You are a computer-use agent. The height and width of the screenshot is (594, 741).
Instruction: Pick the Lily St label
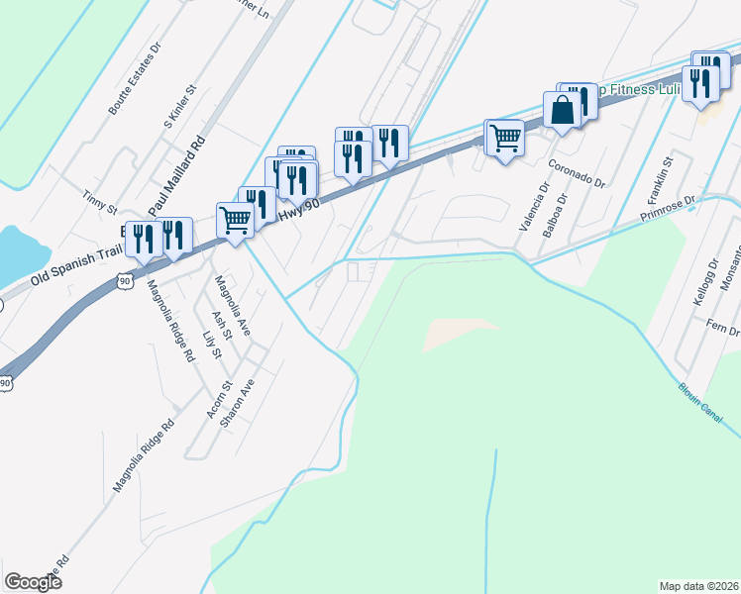coord(209,346)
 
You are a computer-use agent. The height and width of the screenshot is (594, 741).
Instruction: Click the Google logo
coord(34,582)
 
